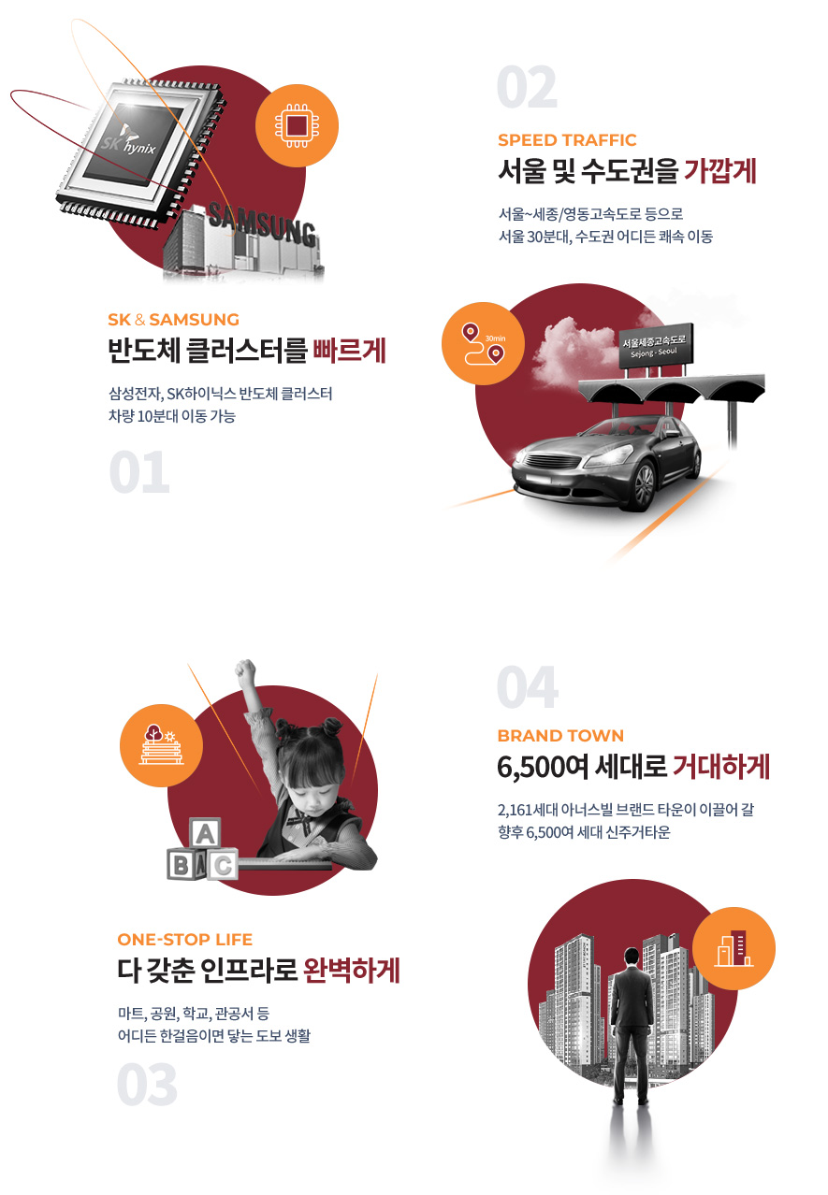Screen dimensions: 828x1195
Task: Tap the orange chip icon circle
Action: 297,126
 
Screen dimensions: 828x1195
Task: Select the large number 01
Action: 139,472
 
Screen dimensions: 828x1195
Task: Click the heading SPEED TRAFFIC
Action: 567,140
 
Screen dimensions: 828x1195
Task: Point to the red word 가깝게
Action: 720,171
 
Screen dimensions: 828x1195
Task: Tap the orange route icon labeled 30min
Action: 483,343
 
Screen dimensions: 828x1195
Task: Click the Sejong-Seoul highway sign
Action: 656,346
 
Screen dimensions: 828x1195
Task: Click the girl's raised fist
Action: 245,673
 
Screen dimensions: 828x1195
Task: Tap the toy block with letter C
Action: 223,865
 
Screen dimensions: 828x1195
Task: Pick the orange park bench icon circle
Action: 161,745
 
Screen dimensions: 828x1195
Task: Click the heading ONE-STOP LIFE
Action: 184,940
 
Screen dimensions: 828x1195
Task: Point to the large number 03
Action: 147,1085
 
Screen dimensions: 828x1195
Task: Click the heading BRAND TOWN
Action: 560,736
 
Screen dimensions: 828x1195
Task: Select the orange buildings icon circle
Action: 734,948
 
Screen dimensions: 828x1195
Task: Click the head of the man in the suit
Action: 632,956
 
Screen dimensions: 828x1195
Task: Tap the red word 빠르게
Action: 349,351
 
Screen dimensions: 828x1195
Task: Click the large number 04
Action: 528,686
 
